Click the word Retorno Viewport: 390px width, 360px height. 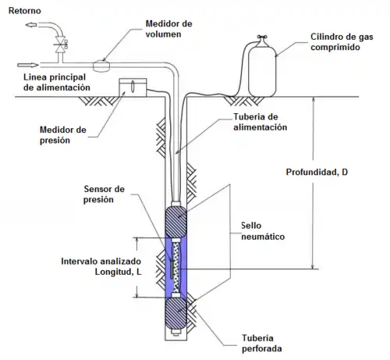(x=25, y=11)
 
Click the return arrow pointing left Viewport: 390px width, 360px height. (x=31, y=25)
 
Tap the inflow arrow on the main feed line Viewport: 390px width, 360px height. (x=28, y=65)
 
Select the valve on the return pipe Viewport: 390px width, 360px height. (x=61, y=45)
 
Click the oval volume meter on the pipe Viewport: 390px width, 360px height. (x=101, y=66)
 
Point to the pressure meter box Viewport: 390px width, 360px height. (x=133, y=87)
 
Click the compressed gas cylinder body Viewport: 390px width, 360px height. (x=262, y=70)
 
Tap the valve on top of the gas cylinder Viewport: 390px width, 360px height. (x=262, y=37)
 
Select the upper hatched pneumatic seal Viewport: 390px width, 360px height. (x=176, y=222)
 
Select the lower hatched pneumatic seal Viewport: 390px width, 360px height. (x=176, y=313)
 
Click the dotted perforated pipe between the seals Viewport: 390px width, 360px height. (x=176, y=268)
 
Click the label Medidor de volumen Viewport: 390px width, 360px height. (x=168, y=29)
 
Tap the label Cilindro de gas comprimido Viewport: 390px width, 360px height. (x=342, y=42)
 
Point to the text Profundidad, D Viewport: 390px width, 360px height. (x=317, y=172)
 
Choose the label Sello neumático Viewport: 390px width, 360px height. (x=263, y=231)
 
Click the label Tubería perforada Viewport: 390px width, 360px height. (x=261, y=343)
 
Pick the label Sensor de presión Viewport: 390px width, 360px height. (x=104, y=194)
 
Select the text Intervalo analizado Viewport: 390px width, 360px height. (x=101, y=261)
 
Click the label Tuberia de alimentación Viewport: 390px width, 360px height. (x=260, y=122)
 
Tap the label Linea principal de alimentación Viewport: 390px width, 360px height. (x=57, y=82)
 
